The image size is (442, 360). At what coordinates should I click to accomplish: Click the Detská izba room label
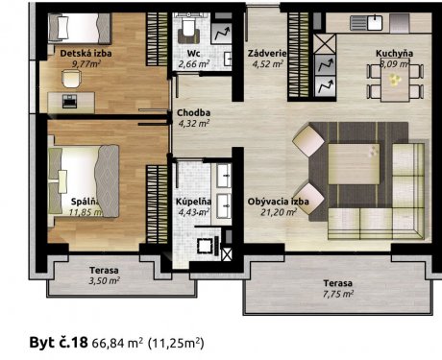click(x=86, y=53)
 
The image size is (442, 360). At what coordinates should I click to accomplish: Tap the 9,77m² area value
click(x=86, y=63)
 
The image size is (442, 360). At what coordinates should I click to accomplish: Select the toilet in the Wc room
click(x=188, y=27)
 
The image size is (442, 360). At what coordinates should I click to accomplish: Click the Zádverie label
click(x=267, y=54)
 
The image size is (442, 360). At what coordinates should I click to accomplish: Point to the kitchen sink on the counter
click(x=366, y=22)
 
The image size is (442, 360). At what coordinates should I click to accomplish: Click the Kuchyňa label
click(x=394, y=53)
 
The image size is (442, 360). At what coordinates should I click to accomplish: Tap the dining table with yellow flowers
click(x=395, y=81)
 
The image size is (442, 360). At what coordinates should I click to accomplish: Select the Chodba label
click(x=193, y=112)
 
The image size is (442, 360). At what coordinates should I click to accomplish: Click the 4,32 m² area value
click(x=193, y=123)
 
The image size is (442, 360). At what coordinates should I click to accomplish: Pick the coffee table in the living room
click(x=354, y=164)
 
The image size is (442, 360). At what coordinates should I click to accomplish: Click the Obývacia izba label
click(x=278, y=202)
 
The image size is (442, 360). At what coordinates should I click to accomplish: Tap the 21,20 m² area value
click(x=278, y=212)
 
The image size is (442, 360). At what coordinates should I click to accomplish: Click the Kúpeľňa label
click(x=193, y=202)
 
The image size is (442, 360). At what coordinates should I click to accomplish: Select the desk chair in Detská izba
click(x=71, y=79)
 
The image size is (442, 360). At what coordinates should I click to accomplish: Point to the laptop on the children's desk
click(x=69, y=101)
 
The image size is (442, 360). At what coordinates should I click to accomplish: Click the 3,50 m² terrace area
click(x=104, y=281)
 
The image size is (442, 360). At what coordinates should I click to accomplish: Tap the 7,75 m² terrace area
click(x=338, y=294)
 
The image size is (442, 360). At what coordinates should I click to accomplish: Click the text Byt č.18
click(x=59, y=343)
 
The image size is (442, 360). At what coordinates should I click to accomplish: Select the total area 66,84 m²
click(x=117, y=343)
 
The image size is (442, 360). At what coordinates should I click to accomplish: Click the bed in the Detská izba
click(x=80, y=28)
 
